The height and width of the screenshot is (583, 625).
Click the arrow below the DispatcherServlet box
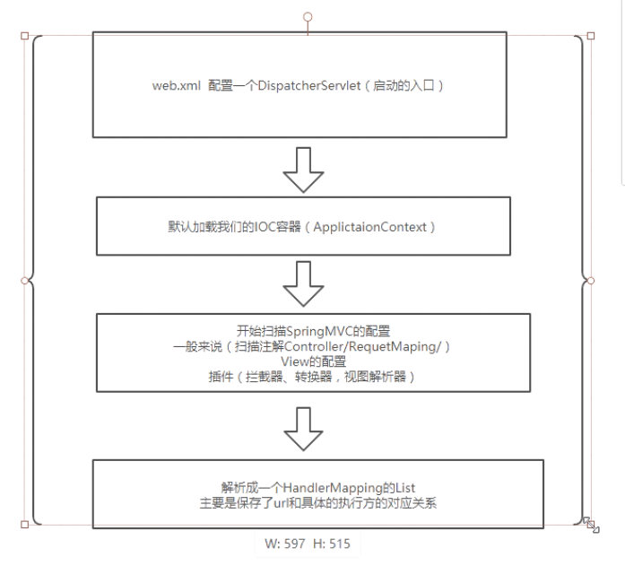pos(302,169)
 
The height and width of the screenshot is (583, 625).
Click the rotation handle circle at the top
pos(308,17)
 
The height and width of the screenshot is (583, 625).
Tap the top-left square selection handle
pos(24,37)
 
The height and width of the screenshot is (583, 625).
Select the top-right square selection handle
pos(590,37)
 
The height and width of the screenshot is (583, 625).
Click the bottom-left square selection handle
pos(24,525)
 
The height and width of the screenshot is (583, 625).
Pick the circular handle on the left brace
pos(24,281)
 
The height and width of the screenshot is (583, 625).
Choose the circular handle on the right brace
pos(590,281)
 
